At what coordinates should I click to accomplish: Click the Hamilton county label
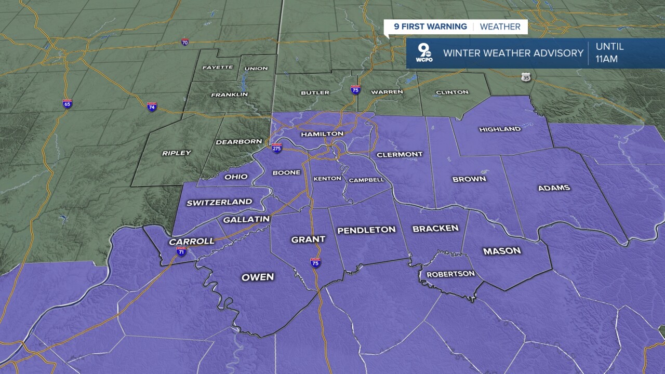(x=322, y=134)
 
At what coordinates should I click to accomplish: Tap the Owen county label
(x=258, y=277)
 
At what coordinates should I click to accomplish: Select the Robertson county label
(x=450, y=274)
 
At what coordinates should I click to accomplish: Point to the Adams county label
(x=554, y=188)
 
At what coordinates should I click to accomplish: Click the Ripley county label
(x=177, y=153)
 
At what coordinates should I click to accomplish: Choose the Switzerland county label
(x=219, y=202)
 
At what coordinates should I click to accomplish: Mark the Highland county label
(x=500, y=129)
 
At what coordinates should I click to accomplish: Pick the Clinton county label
(x=452, y=92)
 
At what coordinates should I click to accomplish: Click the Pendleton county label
(x=366, y=230)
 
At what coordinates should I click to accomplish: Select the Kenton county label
(x=327, y=179)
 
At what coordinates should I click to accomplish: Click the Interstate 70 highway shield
(x=185, y=42)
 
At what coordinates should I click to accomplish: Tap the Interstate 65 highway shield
(x=67, y=103)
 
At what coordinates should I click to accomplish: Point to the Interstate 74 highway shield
(x=152, y=106)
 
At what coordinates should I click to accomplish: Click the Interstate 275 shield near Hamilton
(x=277, y=148)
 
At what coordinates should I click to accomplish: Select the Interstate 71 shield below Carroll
(x=181, y=251)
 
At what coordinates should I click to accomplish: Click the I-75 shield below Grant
(x=315, y=262)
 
